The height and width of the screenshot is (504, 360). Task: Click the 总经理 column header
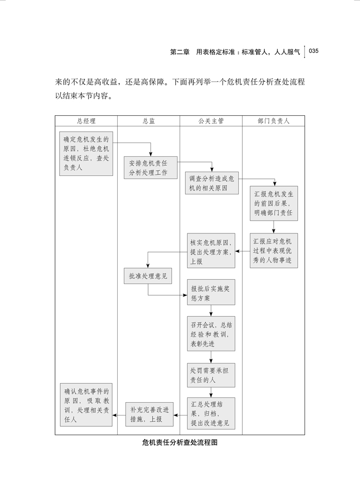(86, 121)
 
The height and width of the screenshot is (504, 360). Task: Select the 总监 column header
(149, 121)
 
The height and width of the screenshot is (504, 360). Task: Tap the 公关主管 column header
(211, 121)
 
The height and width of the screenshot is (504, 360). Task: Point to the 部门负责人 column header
(273, 121)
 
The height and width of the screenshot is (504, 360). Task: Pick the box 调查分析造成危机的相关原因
(211, 184)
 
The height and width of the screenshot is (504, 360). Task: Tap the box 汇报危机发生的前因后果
(274, 203)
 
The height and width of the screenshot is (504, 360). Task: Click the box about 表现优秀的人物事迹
(274, 250)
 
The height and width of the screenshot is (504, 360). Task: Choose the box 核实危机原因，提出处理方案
(211, 251)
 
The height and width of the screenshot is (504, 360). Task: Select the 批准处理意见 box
(148, 276)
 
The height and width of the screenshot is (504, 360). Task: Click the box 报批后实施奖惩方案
(211, 294)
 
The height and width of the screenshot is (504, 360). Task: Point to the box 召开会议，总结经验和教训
(211, 334)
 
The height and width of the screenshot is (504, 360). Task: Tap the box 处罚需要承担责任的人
(211, 375)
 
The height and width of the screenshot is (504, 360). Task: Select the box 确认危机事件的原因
(86, 405)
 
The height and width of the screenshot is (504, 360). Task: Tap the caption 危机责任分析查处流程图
(179, 443)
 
